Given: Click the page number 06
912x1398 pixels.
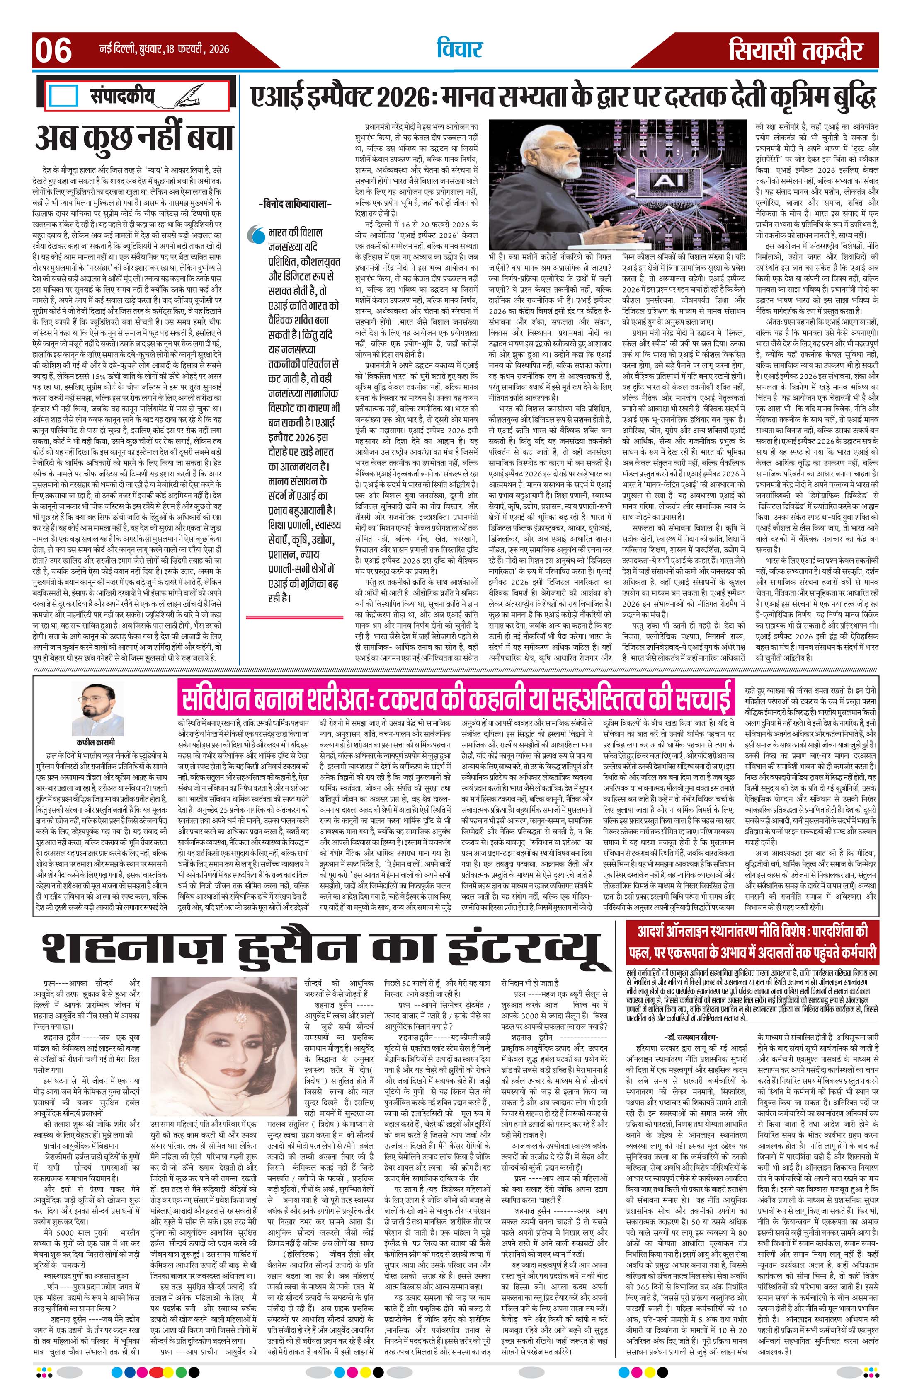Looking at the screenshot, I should coord(53,50).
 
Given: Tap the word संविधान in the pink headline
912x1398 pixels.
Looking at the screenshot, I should coord(221,698).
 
